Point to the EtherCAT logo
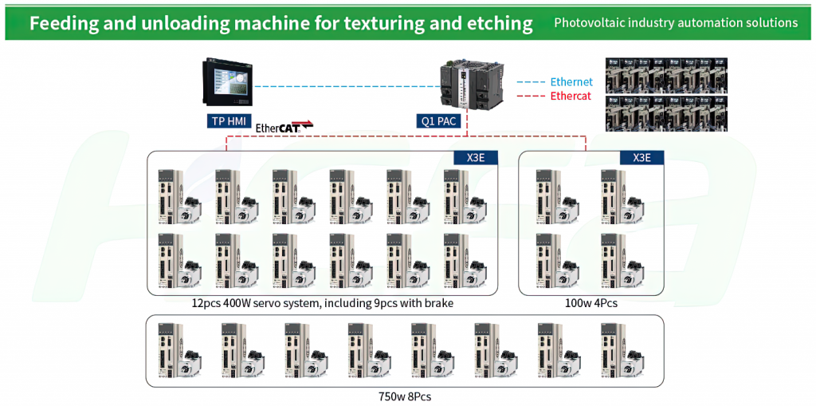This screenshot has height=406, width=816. [x=284, y=126]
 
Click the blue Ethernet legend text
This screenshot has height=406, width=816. [x=571, y=82]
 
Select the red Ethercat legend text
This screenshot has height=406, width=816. [x=571, y=96]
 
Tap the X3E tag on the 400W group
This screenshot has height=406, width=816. [x=476, y=158]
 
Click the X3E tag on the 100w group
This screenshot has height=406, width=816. [x=642, y=158]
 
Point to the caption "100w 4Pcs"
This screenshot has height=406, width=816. [x=591, y=303]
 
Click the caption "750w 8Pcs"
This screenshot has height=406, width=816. [x=405, y=396]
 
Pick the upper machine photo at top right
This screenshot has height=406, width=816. [x=667, y=74]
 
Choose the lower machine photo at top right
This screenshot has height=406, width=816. [x=667, y=112]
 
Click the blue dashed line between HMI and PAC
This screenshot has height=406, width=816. [x=346, y=86]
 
